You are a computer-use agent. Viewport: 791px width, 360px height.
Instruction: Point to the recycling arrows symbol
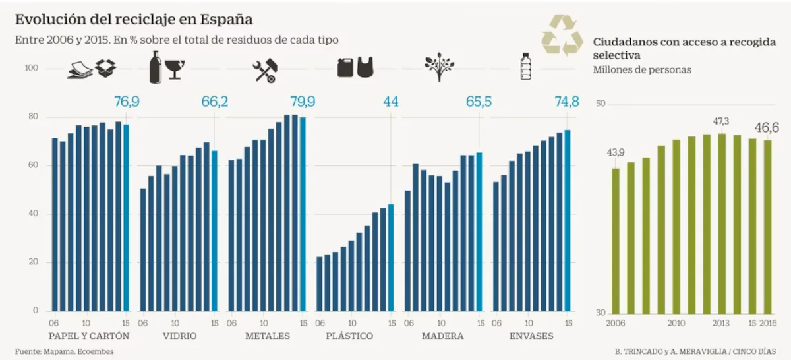pyautogui.click(x=562, y=36)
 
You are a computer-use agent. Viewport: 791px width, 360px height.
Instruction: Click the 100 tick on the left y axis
pyautogui.click(x=32, y=69)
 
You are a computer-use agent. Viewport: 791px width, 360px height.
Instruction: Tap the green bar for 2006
pyautogui.click(x=616, y=241)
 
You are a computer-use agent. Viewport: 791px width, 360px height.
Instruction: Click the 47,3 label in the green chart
pyautogui.click(x=721, y=121)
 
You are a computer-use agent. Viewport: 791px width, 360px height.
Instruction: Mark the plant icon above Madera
pyautogui.click(x=439, y=68)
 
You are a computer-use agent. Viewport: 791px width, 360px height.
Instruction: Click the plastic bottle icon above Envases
pyautogui.click(x=525, y=67)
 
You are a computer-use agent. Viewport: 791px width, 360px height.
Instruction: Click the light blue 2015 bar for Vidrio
pyautogui.click(x=214, y=231)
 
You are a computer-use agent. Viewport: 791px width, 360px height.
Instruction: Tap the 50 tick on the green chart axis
pyautogui.click(x=600, y=104)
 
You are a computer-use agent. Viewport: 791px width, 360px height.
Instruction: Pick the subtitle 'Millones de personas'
pyautogui.click(x=642, y=70)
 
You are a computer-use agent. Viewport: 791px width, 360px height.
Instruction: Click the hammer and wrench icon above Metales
pyautogui.click(x=265, y=71)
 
